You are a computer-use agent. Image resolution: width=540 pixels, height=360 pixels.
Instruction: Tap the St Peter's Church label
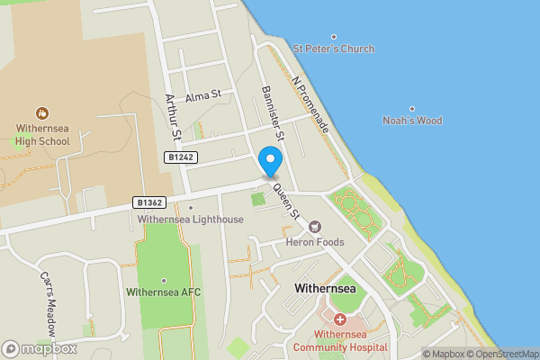334,49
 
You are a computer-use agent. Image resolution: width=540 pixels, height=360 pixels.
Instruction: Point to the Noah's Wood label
412,121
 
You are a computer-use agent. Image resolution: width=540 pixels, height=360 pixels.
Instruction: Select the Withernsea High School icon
41,113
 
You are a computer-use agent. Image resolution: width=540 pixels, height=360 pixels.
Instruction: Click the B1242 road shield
179,157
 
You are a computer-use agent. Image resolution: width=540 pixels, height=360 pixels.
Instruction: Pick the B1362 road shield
150,202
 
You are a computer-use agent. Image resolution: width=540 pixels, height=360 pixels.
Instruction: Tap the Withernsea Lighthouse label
190,220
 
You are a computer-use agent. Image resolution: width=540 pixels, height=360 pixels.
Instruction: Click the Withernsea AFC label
163,292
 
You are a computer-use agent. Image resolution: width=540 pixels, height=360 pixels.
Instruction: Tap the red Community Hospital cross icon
340,319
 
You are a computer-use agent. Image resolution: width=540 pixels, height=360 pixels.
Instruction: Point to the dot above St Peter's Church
334,37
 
